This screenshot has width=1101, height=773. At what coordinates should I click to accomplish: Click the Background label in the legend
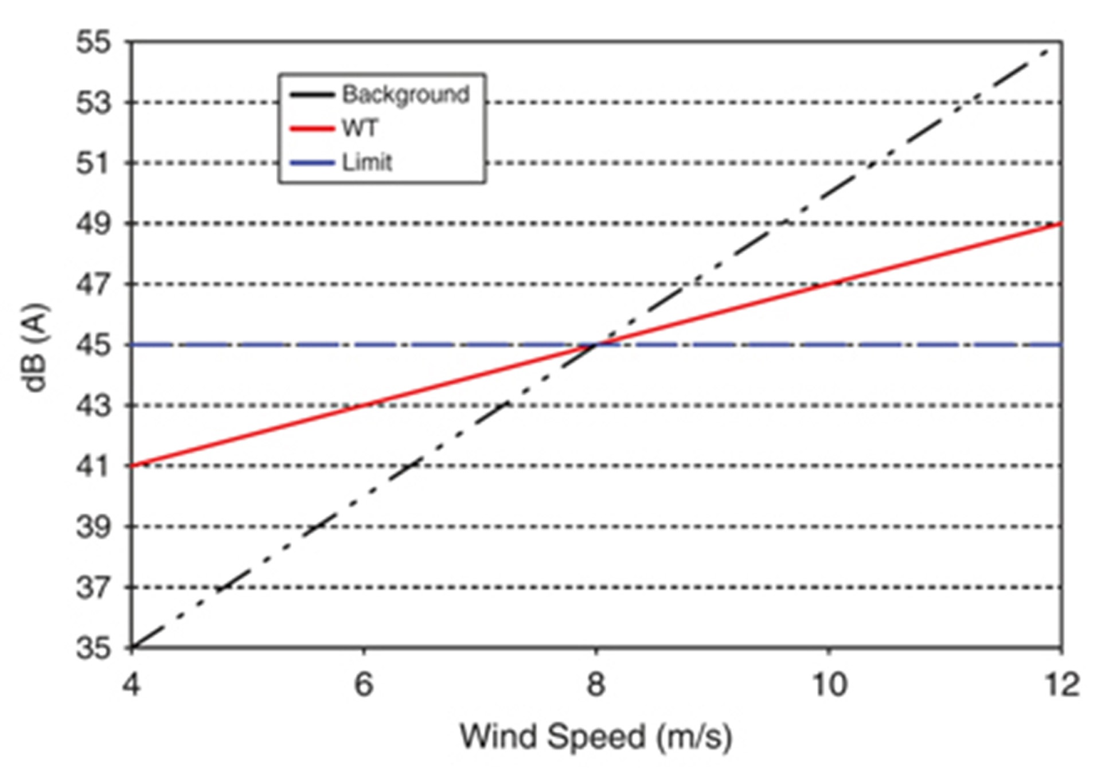tap(405, 95)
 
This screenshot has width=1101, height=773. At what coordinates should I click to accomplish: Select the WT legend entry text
tap(360, 128)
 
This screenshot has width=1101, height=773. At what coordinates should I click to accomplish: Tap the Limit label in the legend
tap(367, 163)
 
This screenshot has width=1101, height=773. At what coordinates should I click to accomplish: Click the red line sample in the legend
tap(312, 128)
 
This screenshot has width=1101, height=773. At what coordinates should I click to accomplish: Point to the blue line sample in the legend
tap(312, 163)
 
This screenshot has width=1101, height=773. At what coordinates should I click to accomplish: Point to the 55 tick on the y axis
tap(93, 42)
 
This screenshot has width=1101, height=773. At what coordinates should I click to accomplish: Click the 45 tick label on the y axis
tap(93, 345)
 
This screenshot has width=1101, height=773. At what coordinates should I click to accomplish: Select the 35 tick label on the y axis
tap(93, 649)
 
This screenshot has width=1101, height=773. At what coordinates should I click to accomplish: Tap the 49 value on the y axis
tap(93, 224)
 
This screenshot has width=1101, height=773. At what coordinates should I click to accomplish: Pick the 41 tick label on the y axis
tap(93, 466)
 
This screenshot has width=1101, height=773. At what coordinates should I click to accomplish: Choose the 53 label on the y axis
tap(93, 103)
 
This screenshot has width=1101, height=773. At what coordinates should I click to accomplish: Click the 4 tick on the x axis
tap(131, 684)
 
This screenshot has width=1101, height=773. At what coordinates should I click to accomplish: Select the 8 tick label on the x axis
tap(596, 684)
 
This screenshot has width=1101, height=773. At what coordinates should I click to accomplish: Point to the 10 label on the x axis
tap(829, 684)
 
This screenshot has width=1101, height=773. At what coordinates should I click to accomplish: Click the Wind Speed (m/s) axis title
tap(596, 736)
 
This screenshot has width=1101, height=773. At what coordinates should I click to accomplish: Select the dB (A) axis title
tap(36, 348)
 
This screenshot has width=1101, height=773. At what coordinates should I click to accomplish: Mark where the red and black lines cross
tap(596, 345)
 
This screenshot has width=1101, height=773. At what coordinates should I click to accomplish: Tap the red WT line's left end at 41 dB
tap(133, 466)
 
